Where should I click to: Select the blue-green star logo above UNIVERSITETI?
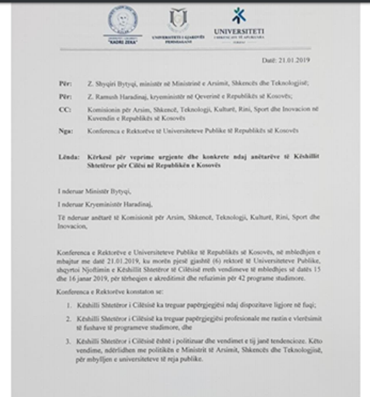coord(239,16)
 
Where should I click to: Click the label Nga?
coord(65,131)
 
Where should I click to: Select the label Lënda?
coord(69,157)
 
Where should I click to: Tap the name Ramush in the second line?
coord(103,96)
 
